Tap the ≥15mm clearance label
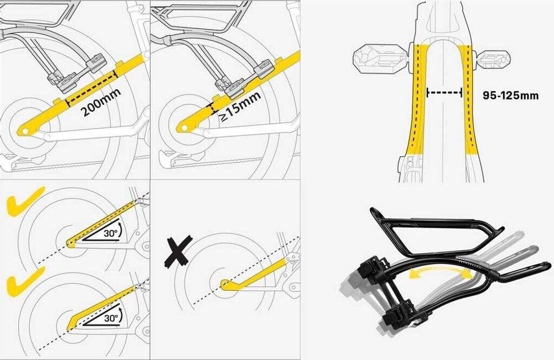(x=241, y=106)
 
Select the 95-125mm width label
(x=511, y=95)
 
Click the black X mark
(x=178, y=250)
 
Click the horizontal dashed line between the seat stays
(x=444, y=93)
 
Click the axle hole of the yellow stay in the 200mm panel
(x=24, y=130)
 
